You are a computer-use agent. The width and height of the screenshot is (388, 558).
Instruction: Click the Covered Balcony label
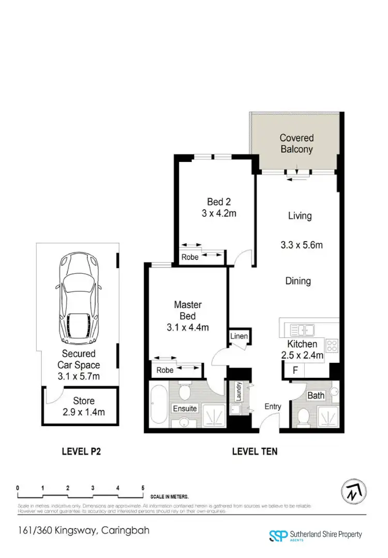(x=296, y=143)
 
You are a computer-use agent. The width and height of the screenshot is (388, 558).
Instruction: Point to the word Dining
(x=298, y=281)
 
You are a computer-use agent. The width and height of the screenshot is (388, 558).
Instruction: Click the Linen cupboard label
(x=240, y=337)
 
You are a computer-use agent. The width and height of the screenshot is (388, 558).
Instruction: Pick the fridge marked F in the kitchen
(x=295, y=371)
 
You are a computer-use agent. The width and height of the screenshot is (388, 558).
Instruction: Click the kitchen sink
(x=301, y=330)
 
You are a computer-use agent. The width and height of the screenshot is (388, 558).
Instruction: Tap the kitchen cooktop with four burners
(x=332, y=345)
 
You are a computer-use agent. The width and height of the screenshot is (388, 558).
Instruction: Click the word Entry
(x=273, y=406)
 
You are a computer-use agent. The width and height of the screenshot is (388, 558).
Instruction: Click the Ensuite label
(x=185, y=408)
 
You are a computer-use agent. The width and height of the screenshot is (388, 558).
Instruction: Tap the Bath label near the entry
(x=316, y=396)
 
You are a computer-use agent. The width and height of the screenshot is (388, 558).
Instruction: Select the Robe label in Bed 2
(x=190, y=257)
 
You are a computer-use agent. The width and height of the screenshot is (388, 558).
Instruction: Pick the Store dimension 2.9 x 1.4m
(x=84, y=412)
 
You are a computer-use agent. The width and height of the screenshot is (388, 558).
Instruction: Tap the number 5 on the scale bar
(x=143, y=488)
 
